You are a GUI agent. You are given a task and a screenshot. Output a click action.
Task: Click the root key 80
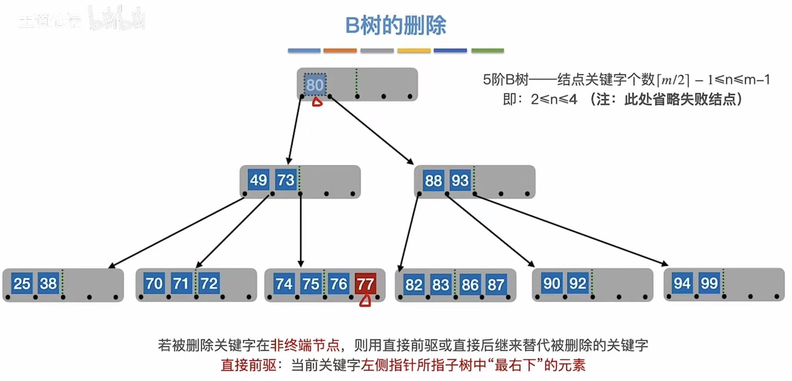click(315, 85)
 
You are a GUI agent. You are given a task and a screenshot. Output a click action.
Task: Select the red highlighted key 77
click(365, 283)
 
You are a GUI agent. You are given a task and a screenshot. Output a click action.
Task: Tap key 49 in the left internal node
click(258, 180)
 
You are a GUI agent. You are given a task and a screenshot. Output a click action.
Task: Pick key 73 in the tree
click(286, 180)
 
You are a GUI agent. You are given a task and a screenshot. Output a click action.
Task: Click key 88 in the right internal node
click(433, 181)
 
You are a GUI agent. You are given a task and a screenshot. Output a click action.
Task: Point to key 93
click(460, 181)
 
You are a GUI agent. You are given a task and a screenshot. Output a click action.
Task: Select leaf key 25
click(22, 283)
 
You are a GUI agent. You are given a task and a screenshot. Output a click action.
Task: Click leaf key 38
click(48, 283)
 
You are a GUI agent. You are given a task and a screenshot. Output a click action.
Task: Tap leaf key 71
click(181, 283)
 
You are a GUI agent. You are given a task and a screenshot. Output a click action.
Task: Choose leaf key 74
click(284, 284)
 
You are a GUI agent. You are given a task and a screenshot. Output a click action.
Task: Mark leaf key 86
click(470, 285)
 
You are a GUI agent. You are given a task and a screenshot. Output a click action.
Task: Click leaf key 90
click(551, 283)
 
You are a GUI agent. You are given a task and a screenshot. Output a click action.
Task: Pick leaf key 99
click(709, 283)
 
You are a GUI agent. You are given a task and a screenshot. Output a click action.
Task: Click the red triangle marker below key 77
click(365, 301)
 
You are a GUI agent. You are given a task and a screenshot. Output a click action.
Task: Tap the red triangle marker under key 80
click(317, 102)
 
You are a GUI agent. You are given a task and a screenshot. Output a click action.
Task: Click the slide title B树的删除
click(395, 25)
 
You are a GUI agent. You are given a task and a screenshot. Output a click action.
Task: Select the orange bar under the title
click(340, 50)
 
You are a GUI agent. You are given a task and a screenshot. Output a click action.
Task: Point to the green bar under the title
click(488, 50)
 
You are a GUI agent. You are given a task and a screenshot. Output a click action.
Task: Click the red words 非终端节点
click(305, 345)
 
